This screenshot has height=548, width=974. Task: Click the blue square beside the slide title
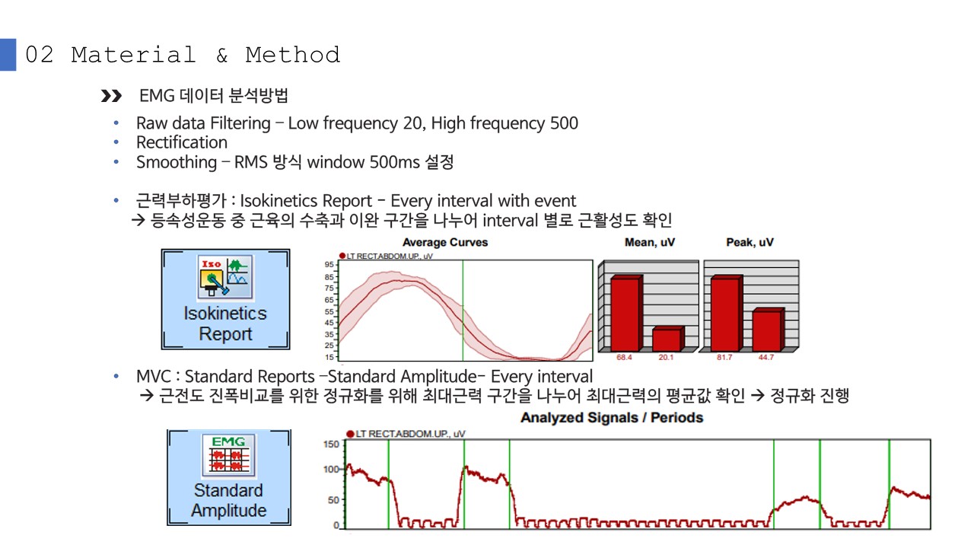pos(8,55)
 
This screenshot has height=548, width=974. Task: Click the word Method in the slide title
pos(293,56)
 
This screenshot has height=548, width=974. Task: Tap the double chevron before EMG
pos(111,96)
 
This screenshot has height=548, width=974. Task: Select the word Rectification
pos(182,142)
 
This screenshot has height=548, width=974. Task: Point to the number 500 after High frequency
pos(564,123)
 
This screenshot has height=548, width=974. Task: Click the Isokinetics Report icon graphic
pos(225,277)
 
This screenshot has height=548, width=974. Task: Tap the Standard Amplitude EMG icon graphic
pos(229,455)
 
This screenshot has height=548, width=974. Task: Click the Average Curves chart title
pos(445,242)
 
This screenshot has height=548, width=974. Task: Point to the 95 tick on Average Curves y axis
pos(329,264)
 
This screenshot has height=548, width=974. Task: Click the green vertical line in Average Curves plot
pos(463,311)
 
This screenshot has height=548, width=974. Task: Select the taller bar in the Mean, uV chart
pos(626,313)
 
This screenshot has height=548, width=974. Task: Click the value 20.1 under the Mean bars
pos(666,358)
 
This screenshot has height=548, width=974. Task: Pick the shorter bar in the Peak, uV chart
pos(769,330)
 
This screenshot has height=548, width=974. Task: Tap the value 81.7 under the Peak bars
pos(724,358)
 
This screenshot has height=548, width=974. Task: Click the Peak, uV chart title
pos(750,242)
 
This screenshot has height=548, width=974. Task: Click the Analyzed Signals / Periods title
pos(612,418)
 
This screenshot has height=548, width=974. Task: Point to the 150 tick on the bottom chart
pos(331,444)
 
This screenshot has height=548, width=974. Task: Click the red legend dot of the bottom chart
pos(350,434)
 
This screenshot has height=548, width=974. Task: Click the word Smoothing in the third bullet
pos(177,163)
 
